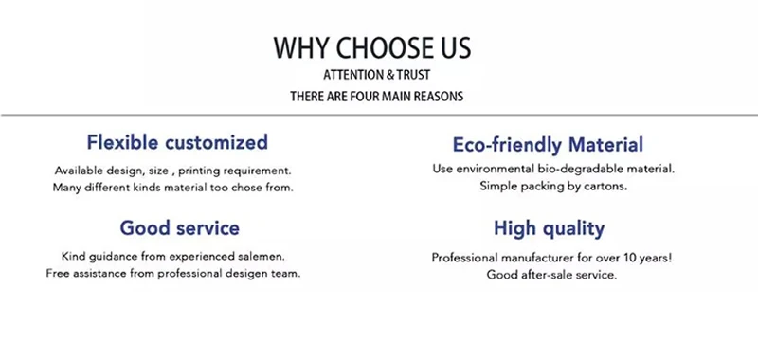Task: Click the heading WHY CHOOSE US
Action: (x=372, y=47)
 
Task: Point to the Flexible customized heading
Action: (x=177, y=142)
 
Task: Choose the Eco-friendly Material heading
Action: (x=548, y=145)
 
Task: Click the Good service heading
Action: (x=179, y=228)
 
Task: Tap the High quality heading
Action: (x=549, y=229)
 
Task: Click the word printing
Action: (x=198, y=171)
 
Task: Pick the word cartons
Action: (x=606, y=187)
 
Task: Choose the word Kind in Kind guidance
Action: (x=71, y=256)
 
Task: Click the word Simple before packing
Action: (x=496, y=187)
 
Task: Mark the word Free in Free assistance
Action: (x=56, y=274)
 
